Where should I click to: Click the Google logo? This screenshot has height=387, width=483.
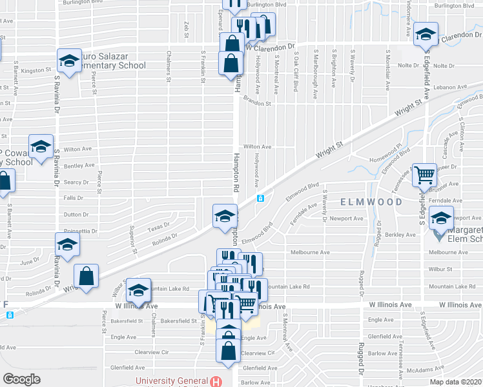22,379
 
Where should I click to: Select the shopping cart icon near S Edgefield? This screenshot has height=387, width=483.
424,174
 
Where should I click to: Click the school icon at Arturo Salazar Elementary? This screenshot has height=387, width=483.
69,61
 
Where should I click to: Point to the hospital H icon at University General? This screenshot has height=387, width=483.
221,381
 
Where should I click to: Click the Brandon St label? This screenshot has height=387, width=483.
258,103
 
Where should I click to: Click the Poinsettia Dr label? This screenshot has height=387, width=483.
80,230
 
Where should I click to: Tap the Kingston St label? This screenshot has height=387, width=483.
36,70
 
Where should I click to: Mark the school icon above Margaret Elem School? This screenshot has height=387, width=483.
442,218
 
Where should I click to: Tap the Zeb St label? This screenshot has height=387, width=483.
185,29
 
